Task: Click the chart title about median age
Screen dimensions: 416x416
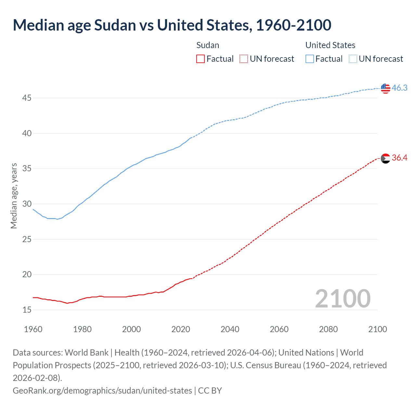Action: pyautogui.click(x=172, y=25)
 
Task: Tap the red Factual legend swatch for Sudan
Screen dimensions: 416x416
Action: pyautogui.click(x=201, y=59)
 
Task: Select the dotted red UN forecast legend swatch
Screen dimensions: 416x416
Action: pyautogui.click(x=244, y=59)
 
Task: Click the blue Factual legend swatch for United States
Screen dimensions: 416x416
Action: pyautogui.click(x=310, y=59)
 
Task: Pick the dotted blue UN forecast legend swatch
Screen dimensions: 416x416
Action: pyautogui.click(x=353, y=59)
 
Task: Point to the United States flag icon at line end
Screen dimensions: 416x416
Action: pyautogui.click(x=385, y=88)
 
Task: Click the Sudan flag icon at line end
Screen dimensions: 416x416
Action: pyautogui.click(x=385, y=158)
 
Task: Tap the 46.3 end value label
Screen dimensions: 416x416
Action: pyautogui.click(x=399, y=88)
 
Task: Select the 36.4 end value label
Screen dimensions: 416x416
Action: pyautogui.click(x=399, y=158)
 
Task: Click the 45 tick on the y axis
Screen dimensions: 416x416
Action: pyautogui.click(x=27, y=98)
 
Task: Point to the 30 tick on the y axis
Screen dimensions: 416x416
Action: pyautogui.click(x=27, y=204)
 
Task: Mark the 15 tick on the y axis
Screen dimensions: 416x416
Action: pyautogui.click(x=27, y=310)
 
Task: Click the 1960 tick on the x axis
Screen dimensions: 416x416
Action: pyautogui.click(x=33, y=329)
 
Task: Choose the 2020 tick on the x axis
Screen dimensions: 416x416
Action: pyautogui.click(x=181, y=329)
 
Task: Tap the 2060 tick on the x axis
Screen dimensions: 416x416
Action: pyautogui.click(x=279, y=329)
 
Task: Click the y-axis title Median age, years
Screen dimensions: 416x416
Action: pyautogui.click(x=14, y=196)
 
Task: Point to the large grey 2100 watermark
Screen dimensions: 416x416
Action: pyautogui.click(x=343, y=299)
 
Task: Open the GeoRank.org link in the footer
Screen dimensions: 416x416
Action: pyautogui.click(x=102, y=390)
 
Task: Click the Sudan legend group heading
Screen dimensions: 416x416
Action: pyautogui.click(x=208, y=45)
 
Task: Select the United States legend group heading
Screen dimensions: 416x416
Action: pyautogui.click(x=330, y=45)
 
